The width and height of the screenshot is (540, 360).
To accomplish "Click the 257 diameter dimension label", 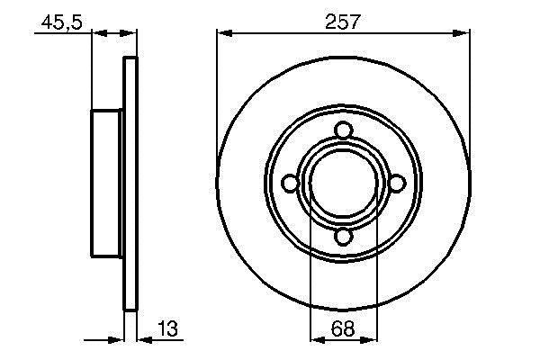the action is coord(342,22).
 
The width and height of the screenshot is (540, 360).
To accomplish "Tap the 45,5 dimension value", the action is coord(61,22).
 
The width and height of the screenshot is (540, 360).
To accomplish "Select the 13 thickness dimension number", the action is coord(167,328).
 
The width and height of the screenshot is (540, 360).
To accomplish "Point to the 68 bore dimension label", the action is coord(343,328).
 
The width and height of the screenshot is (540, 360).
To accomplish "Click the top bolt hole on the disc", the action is coord(344,130).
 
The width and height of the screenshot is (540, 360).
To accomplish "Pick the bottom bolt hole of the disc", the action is coord(344,237).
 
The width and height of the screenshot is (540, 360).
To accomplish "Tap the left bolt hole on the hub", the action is coord(290,184).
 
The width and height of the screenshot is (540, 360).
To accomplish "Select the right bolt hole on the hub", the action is coord(397,184).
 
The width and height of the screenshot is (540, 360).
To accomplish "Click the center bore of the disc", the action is coord(344,184).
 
